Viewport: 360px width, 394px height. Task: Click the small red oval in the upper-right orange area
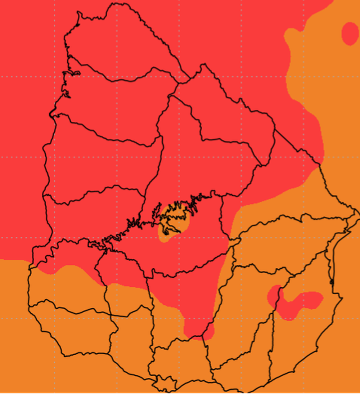pyautogui.click(x=350, y=33)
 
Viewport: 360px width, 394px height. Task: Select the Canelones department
pyautogui.click(x=180, y=360)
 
